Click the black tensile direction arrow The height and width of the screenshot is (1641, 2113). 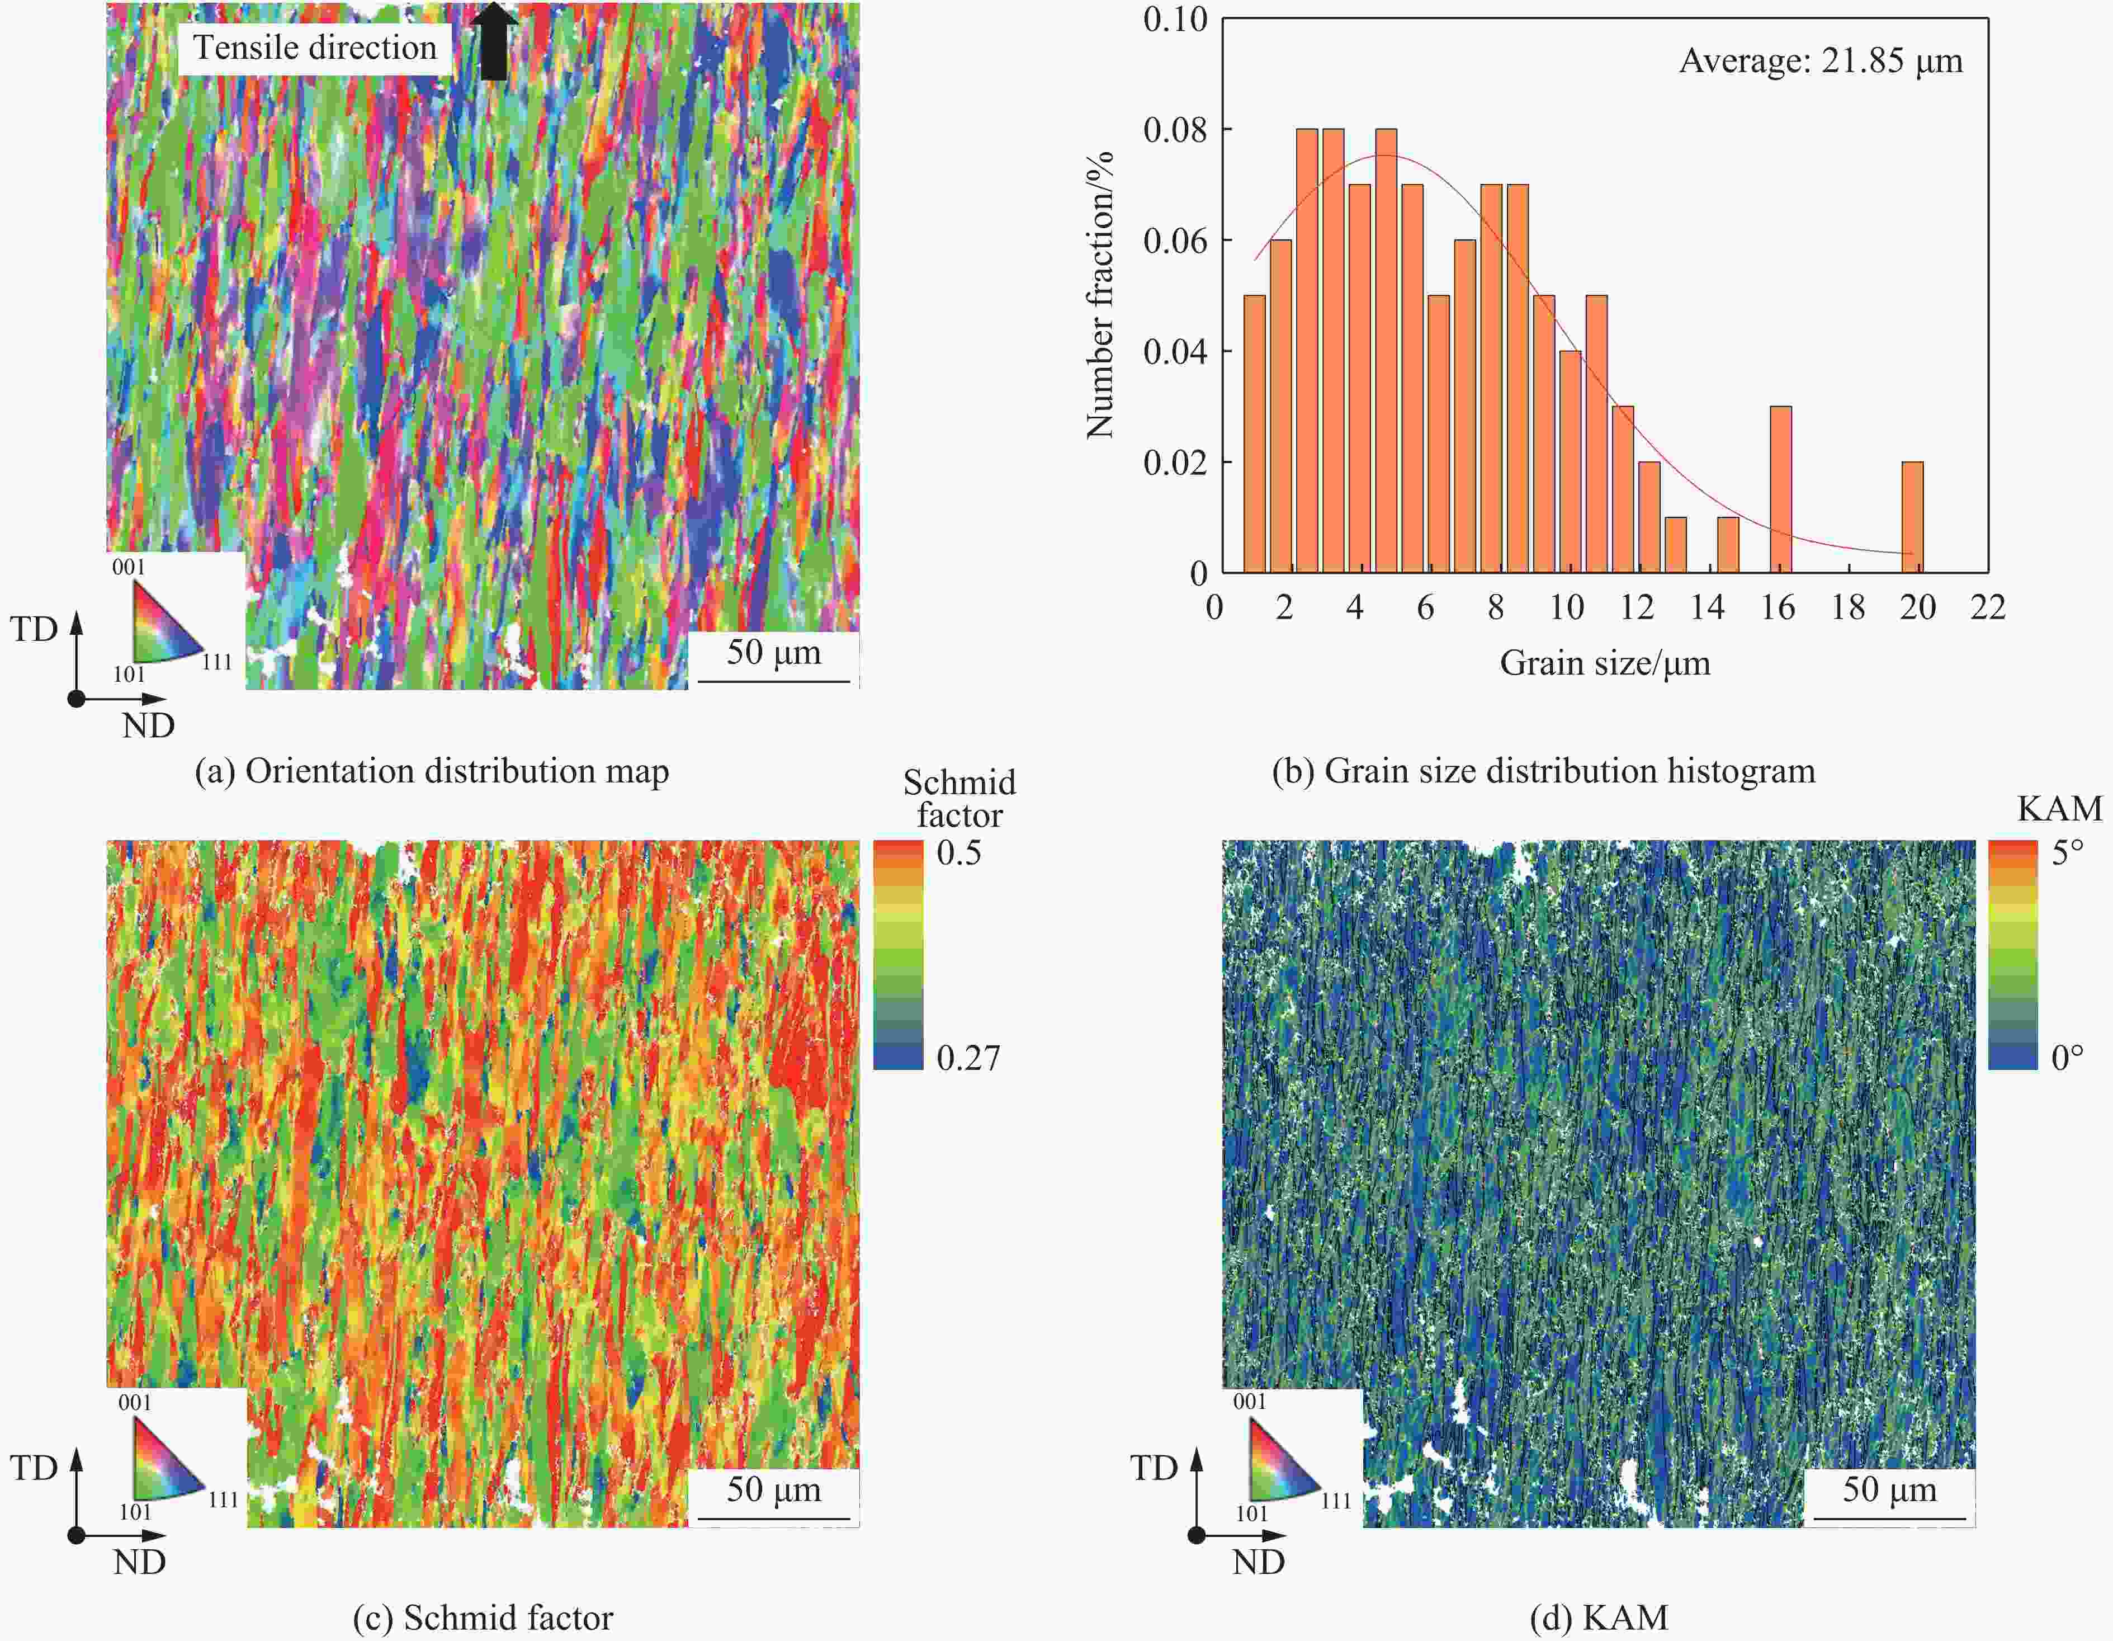[x=494, y=41]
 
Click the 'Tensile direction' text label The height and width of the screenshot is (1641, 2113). [x=314, y=48]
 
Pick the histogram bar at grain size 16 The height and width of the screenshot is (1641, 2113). [x=1780, y=489]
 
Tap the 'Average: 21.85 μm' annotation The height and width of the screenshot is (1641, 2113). [x=1820, y=61]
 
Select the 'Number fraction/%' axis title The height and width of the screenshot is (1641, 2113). [x=1100, y=295]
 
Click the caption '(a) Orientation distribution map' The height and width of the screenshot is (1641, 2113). [x=432, y=771]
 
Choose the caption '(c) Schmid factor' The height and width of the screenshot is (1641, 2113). [x=483, y=1618]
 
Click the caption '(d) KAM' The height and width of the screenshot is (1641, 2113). [x=1598, y=1618]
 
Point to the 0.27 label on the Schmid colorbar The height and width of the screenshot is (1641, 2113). [x=967, y=1058]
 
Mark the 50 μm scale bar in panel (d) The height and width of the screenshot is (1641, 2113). [x=1889, y=1518]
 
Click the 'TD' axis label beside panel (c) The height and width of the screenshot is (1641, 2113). [x=34, y=1468]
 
